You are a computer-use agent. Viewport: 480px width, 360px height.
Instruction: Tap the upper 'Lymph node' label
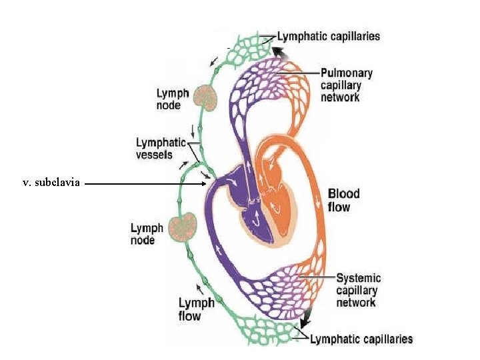(x=173, y=99)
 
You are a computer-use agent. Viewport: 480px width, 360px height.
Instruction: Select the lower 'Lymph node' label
(x=147, y=234)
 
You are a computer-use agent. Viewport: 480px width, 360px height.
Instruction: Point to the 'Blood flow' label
(x=343, y=200)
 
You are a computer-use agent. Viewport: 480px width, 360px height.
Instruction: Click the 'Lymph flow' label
(x=196, y=309)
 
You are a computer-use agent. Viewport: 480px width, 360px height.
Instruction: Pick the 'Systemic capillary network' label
(x=358, y=290)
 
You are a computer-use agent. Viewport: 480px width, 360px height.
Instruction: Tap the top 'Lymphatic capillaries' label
(x=329, y=37)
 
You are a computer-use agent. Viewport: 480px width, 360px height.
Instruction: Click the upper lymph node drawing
(x=207, y=98)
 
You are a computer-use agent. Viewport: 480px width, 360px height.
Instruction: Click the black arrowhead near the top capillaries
(x=284, y=54)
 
